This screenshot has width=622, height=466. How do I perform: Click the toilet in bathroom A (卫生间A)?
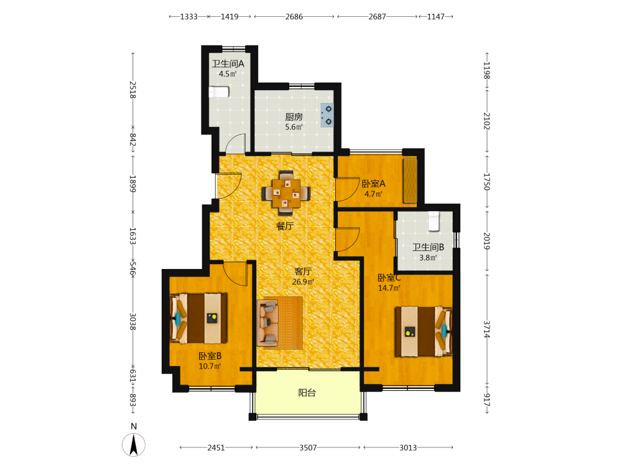click(219, 92)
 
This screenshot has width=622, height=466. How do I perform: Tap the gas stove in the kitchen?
click(327, 116)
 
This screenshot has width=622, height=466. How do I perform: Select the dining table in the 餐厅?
click(286, 193)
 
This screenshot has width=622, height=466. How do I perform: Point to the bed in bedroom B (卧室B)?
click(198, 318)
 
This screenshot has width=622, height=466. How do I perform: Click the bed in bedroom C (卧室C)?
click(423, 331)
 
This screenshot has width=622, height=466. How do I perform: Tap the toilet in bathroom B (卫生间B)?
click(434, 221)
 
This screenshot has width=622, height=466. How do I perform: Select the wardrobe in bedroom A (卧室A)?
click(410, 181)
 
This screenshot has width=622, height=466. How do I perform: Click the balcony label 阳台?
click(307, 393)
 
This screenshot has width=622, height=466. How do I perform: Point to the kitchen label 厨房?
click(294, 117)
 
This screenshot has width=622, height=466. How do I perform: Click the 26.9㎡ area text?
click(303, 281)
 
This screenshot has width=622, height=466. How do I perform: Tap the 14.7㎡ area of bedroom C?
click(389, 288)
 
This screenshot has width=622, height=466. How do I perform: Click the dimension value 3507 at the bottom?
click(309, 448)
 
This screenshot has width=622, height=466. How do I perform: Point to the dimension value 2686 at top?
click(294, 17)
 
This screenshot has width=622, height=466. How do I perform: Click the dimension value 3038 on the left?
click(133, 321)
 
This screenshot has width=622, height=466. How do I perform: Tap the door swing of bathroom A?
click(235, 144)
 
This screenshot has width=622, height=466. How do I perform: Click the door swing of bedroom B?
click(235, 274)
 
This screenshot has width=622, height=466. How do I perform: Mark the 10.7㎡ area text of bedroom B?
click(210, 366)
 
